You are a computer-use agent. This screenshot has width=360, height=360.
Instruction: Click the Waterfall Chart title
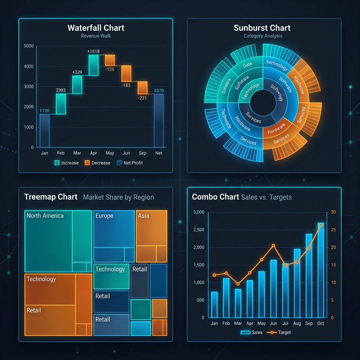[96, 28]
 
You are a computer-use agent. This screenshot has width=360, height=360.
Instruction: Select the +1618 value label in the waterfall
[93, 52]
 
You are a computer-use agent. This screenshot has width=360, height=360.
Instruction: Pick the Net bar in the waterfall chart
[159, 120]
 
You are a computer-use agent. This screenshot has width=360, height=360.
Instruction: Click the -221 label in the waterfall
[142, 97]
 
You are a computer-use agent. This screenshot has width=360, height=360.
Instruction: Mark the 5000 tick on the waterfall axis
[29, 46]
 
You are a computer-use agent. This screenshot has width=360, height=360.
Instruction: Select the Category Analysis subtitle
[263, 36]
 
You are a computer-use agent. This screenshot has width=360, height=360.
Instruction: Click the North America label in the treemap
[45, 215]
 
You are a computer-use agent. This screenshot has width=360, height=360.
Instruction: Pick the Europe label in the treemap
[104, 215]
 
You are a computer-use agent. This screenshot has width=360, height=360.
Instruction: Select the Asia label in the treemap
[143, 215]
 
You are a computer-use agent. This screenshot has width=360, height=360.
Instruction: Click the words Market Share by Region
[118, 197]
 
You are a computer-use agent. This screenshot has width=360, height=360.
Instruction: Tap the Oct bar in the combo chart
[320, 270]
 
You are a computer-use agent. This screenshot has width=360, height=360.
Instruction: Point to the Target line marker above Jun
[273, 246]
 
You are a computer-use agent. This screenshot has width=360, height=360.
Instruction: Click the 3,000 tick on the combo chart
[199, 212]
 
